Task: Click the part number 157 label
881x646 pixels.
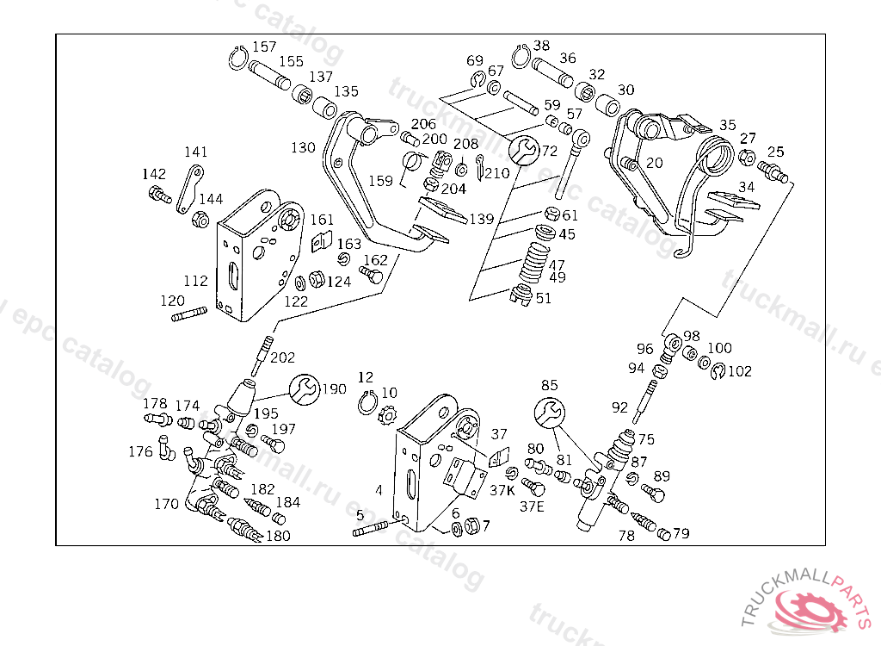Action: (x=264, y=47)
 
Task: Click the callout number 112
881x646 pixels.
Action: (x=196, y=281)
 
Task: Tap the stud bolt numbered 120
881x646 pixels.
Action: (x=191, y=314)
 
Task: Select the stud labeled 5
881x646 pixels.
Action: (x=372, y=529)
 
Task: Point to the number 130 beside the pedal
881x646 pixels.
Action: (x=303, y=148)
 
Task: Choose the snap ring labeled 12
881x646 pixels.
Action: (x=367, y=401)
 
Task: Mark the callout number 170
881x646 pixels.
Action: (x=167, y=504)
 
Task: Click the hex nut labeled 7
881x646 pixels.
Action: (x=471, y=525)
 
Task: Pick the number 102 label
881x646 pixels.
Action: (x=739, y=372)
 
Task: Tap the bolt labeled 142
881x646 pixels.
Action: (x=157, y=194)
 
